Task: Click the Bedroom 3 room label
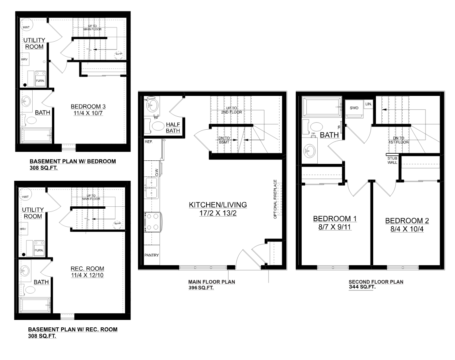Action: coord(88,107)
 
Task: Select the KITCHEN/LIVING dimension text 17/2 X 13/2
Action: coord(217,213)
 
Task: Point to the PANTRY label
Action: coord(152,255)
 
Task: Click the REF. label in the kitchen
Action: coord(149,141)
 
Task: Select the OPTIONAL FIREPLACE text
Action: coord(275,199)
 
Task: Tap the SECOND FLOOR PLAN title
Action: coord(376,282)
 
